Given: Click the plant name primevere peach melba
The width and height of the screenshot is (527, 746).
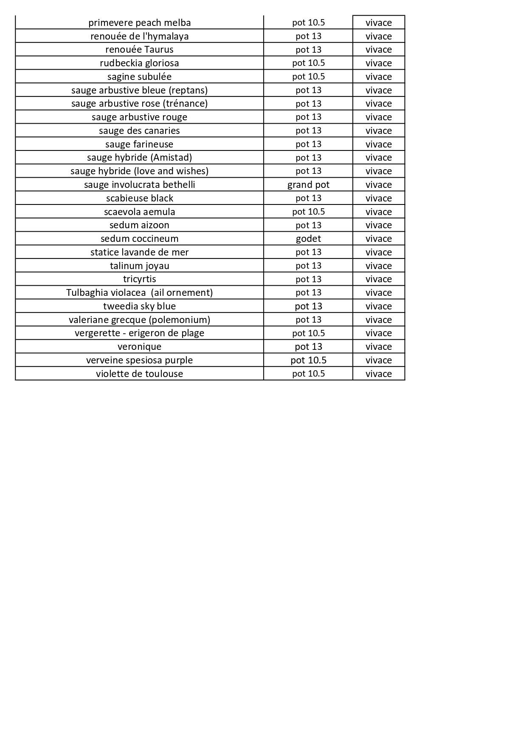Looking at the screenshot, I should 139,23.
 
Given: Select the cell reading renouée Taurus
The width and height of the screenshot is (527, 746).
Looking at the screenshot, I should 139,49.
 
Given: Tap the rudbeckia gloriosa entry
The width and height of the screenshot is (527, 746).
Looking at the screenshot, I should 139,63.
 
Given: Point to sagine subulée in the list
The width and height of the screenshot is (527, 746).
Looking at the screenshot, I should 139,77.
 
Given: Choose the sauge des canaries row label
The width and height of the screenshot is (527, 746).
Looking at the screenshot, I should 139,130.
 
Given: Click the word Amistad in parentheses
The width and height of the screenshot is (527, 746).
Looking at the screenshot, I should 171,157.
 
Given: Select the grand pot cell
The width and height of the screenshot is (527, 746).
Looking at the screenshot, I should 308,184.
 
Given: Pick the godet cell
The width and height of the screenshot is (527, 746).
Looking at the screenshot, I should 308,238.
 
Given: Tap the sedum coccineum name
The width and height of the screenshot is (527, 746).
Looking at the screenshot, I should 139,238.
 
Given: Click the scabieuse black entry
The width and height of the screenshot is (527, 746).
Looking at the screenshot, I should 139,198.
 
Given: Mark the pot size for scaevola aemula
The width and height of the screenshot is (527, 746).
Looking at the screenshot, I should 308,212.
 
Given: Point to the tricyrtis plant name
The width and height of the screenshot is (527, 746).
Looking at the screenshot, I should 139,279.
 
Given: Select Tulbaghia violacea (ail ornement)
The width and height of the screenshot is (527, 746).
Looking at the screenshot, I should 139,292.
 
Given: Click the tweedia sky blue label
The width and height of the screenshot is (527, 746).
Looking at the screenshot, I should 139,306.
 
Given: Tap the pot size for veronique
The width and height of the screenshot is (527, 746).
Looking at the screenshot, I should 308,346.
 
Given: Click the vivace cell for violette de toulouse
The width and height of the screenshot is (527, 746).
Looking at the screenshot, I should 378,374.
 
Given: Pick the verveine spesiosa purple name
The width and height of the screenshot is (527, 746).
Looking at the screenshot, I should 139,360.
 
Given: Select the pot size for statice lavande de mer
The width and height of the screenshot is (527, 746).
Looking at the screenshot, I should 308,252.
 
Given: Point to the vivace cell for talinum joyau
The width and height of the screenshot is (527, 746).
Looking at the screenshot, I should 378,266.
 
